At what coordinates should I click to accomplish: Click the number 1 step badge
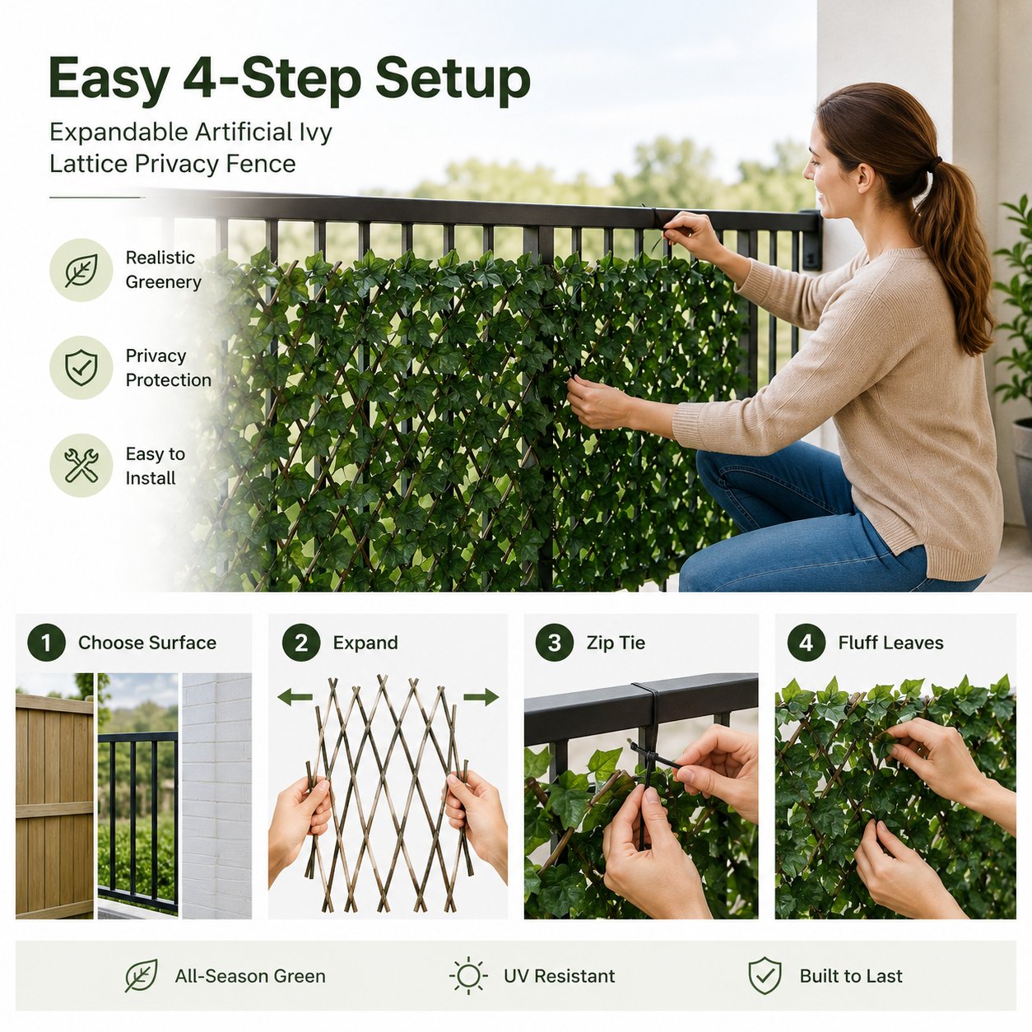pyautogui.click(x=47, y=642)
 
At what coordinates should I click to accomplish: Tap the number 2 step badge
pyautogui.click(x=301, y=642)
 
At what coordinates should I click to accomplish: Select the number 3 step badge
pyautogui.click(x=555, y=642)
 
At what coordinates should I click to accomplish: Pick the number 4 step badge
pyautogui.click(x=806, y=642)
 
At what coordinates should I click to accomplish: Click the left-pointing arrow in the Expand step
pyautogui.click(x=295, y=697)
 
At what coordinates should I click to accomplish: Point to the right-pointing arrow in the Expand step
pyautogui.click(x=481, y=697)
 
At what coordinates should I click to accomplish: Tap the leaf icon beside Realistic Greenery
pyautogui.click(x=81, y=270)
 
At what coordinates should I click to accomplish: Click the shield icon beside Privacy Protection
pyautogui.click(x=81, y=367)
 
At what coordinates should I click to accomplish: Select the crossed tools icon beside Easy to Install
pyautogui.click(x=81, y=465)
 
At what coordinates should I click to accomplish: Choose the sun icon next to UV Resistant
pyautogui.click(x=468, y=976)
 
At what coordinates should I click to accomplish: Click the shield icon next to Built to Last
pyautogui.click(x=765, y=976)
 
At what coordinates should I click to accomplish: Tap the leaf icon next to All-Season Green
pyautogui.click(x=142, y=976)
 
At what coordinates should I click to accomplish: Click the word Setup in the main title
pyautogui.click(x=453, y=81)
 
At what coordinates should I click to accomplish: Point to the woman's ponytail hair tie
pyautogui.click(x=935, y=161)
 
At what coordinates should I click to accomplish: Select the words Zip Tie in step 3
pyautogui.click(x=616, y=643)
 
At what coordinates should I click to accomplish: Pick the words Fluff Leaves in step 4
pyautogui.click(x=890, y=643)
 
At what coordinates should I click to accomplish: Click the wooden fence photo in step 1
pyautogui.click(x=54, y=796)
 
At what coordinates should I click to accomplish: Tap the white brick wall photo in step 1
pyautogui.click(x=217, y=796)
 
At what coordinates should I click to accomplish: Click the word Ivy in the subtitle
pyautogui.click(x=314, y=133)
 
